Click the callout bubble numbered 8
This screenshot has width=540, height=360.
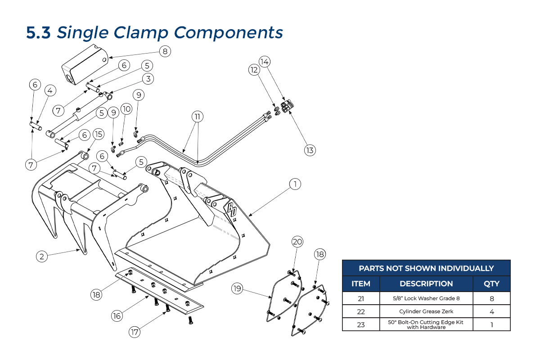pyautogui.click(x=165, y=51)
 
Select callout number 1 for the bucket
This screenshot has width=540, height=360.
pyautogui.click(x=295, y=184)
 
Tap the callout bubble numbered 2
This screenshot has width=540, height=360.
pyautogui.click(x=42, y=256)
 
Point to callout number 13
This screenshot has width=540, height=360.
pyautogui.click(x=310, y=150)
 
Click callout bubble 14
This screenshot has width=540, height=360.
pyautogui.click(x=265, y=61)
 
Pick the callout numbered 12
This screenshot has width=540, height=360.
pyautogui.click(x=254, y=70)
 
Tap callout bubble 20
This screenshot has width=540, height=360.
pyautogui.click(x=297, y=241)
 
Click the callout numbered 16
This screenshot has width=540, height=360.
pyautogui.click(x=117, y=316)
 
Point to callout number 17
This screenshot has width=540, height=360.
pyautogui.click(x=135, y=332)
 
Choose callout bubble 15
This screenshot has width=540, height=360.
pyautogui.click(x=99, y=134)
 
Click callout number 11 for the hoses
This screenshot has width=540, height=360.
pyautogui.click(x=197, y=117)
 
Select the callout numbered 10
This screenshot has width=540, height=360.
pyautogui.click(x=126, y=108)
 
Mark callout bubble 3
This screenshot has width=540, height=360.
pyautogui.click(x=147, y=79)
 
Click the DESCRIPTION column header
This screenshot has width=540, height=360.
pyautogui.click(x=426, y=283)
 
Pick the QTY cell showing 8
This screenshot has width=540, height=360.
pyautogui.click(x=491, y=298)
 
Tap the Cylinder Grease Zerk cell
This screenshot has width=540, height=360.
pyautogui.click(x=426, y=311)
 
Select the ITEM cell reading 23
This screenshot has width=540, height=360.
pyautogui.click(x=361, y=324)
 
